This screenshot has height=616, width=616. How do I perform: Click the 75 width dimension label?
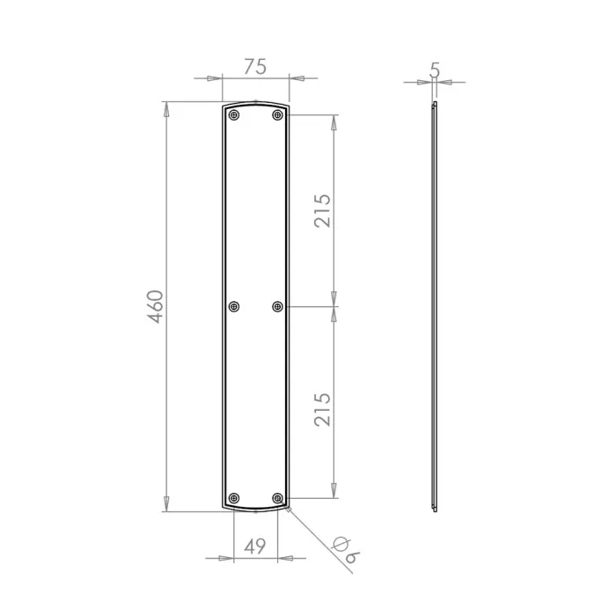(x=255, y=66)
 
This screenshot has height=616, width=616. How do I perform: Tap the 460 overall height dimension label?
(x=156, y=306)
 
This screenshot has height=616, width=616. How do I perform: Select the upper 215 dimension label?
(x=322, y=210)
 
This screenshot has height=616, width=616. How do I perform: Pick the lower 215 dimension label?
(x=322, y=409)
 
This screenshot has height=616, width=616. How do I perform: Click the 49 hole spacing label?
(x=255, y=546)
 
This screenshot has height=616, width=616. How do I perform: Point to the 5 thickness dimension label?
(x=435, y=70)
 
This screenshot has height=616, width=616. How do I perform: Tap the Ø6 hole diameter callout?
(x=346, y=550)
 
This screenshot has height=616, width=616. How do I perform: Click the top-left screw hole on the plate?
(x=234, y=115)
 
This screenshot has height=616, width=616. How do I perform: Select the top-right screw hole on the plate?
(x=278, y=115)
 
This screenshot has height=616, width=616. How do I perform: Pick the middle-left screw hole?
(x=234, y=306)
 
